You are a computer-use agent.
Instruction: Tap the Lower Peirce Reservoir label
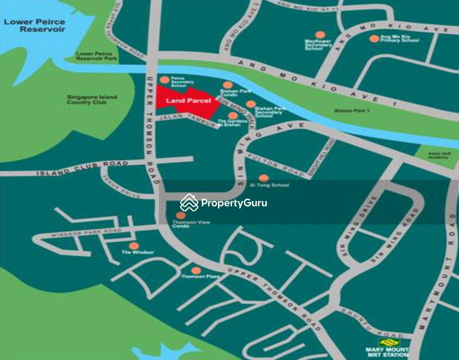tap(34, 26)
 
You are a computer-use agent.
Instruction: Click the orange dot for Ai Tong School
tap(263, 178)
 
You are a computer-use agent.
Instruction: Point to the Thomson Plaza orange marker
tap(196, 270)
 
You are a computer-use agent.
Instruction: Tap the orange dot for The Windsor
tap(134, 246)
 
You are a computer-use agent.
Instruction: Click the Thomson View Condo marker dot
tap(181, 215)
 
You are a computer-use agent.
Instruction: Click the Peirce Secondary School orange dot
tap(164, 80)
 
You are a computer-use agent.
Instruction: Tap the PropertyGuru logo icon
tap(189, 202)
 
